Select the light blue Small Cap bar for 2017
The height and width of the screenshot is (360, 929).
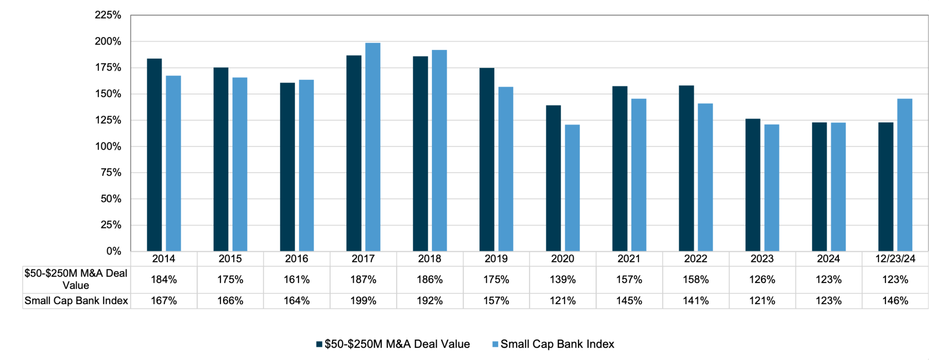pyautogui.click(x=372, y=147)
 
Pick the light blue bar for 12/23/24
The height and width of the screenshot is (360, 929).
pyautogui.click(x=905, y=175)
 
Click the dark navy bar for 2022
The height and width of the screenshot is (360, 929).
pyautogui.click(x=686, y=168)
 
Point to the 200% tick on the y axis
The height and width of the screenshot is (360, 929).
pyautogui.click(x=108, y=41)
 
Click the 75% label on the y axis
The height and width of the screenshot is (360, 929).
pyautogui.click(x=111, y=172)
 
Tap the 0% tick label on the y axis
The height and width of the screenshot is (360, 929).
pyautogui.click(x=113, y=251)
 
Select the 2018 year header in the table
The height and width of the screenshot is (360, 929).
pyautogui.click(x=429, y=259)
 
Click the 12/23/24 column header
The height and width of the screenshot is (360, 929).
pyautogui.click(x=895, y=259)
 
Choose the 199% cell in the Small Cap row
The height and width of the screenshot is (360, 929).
pyautogui.click(x=363, y=301)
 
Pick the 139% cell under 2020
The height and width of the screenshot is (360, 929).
pyautogui.click(x=562, y=280)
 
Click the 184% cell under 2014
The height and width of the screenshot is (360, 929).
pyautogui.click(x=164, y=280)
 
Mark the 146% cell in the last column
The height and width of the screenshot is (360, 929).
pyautogui.click(x=895, y=301)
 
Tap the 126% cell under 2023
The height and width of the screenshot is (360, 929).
pyautogui.click(x=762, y=280)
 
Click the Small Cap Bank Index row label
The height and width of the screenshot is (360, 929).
pyautogui.click(x=76, y=301)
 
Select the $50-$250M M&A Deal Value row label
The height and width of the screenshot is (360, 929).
pyautogui.click(x=76, y=279)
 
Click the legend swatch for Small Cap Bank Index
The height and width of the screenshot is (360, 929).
pyautogui.click(x=495, y=345)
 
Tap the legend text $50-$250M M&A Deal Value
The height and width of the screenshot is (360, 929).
pyautogui.click(x=397, y=344)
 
